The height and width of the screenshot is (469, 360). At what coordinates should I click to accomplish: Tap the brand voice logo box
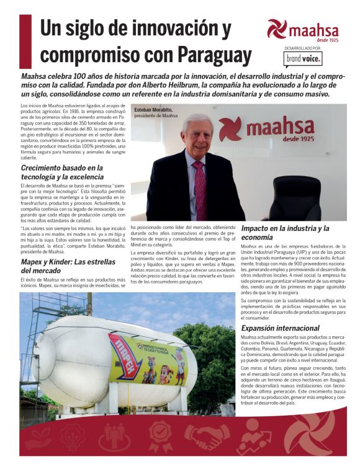(x=304, y=58)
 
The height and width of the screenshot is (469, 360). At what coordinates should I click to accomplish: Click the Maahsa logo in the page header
(x=303, y=29)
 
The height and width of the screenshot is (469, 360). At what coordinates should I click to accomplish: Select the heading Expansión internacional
(x=280, y=328)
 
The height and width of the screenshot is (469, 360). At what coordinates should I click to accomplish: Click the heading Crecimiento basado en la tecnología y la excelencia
(x=62, y=172)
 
